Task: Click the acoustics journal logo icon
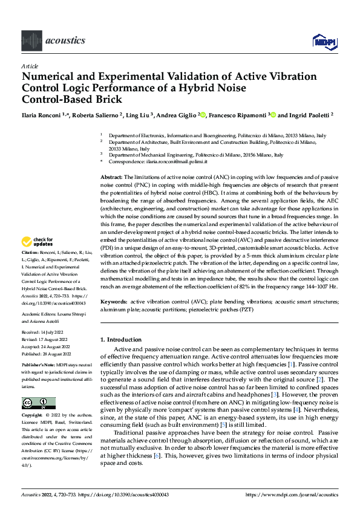31,40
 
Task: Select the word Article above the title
30,66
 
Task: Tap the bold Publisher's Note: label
38,366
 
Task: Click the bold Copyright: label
31,399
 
